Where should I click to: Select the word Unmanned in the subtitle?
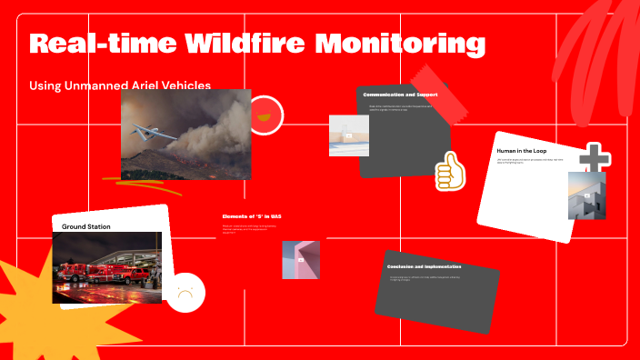click(x=106, y=85)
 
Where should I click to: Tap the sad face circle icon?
click(x=186, y=293)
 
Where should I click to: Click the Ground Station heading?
click(x=85, y=225)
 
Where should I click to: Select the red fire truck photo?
click(x=106, y=267)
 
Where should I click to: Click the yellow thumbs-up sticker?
click(x=448, y=170)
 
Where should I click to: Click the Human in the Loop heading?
click(x=525, y=149)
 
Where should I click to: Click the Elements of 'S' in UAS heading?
click(x=252, y=216)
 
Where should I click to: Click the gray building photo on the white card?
click(x=586, y=195)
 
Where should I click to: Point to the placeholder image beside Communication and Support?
click(x=348, y=135)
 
